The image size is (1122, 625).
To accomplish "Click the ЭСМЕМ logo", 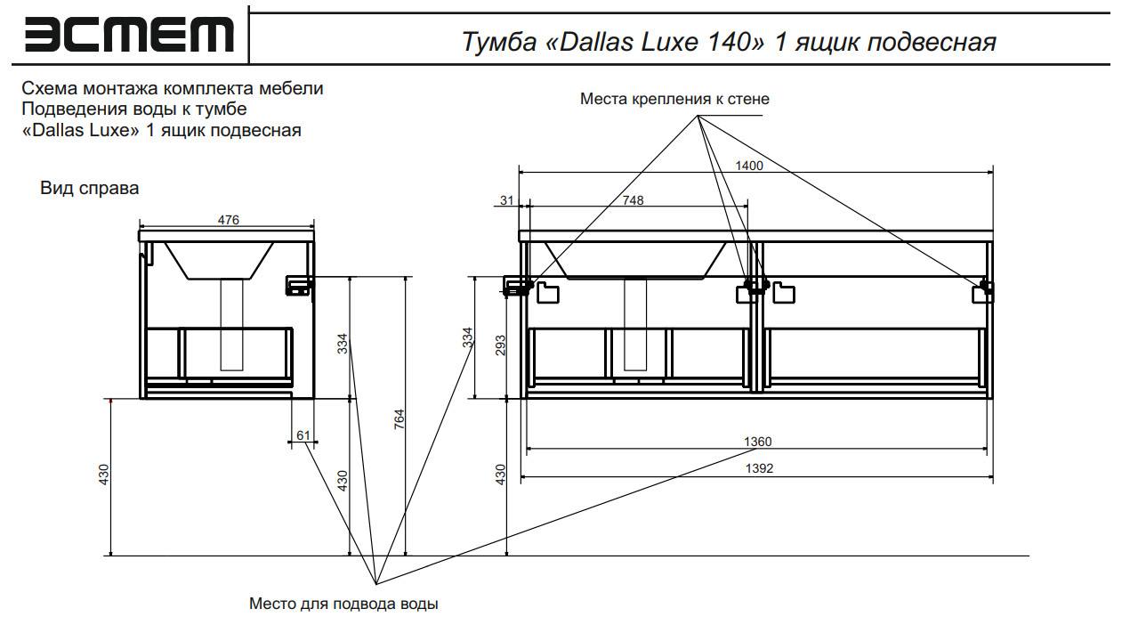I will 129,36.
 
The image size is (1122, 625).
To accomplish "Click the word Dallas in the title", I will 595,42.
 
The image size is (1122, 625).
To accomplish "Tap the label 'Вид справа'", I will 89,189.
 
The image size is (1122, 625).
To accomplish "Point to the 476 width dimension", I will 229,220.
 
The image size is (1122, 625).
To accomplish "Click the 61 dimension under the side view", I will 303,435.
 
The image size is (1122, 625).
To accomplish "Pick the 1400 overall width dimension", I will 749,165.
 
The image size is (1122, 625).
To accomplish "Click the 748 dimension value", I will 633,200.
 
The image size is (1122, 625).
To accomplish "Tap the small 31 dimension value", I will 507,200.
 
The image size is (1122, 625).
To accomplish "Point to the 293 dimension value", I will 501,346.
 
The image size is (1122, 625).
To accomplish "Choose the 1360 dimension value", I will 758,442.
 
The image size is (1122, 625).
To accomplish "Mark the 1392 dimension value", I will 759,468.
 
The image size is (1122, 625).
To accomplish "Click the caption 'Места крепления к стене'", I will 674,99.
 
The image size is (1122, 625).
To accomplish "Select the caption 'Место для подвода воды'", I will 343,604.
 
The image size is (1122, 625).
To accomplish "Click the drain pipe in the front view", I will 635,325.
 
